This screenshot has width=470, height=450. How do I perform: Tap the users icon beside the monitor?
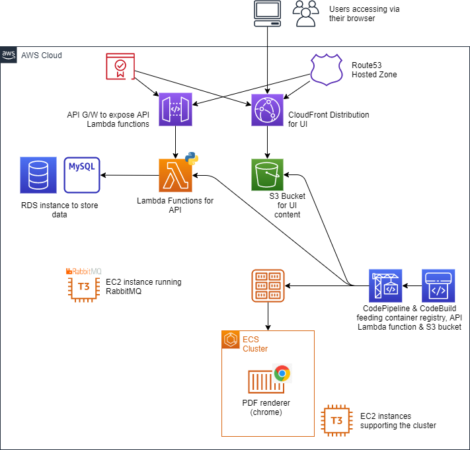pos(305,13)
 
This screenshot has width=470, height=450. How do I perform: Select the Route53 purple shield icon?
pos(328,69)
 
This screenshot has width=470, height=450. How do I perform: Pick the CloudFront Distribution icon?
pos(267,110)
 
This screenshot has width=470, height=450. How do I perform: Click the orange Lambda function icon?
pos(175,176)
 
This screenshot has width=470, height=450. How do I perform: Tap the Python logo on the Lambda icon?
pos(192,158)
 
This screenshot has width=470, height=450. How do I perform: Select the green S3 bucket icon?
pos(267,175)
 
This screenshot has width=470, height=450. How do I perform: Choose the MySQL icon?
pos(81,173)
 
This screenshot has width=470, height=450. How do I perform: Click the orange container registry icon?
pos(268,285)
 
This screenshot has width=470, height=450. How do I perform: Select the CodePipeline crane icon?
pos(386,286)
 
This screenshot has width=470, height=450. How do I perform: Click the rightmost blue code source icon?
pos(438,285)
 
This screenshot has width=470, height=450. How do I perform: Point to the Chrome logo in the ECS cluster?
pos(282,373)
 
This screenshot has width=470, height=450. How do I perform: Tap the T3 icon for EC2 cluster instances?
pos(336,420)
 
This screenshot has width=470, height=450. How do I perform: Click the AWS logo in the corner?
pos(9,55)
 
